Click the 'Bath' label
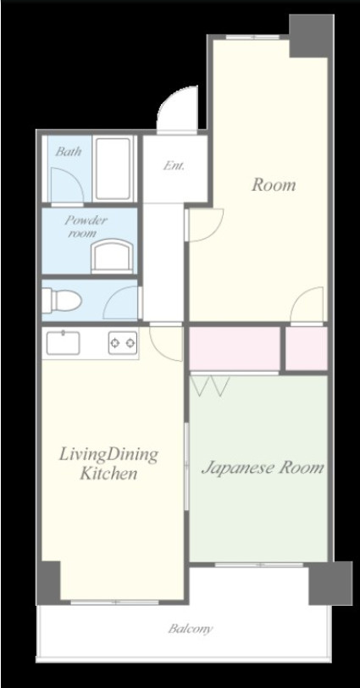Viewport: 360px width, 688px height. tap(69, 152)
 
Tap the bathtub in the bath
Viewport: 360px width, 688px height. tap(114, 169)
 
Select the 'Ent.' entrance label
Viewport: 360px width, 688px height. tap(174, 166)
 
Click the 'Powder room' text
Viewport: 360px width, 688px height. tap(86, 226)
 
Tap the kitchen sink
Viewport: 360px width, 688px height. tap(64, 342)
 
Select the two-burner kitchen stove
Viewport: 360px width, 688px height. tap(123, 342)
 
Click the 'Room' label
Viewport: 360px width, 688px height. tap(274, 185)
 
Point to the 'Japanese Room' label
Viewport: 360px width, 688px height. tap(263, 469)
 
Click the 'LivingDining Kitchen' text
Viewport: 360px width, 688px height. tap(108, 463)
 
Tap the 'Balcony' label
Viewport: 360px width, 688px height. tap(191, 629)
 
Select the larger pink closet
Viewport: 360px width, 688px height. tap(235, 349)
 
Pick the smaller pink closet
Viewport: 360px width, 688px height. tap(307, 349)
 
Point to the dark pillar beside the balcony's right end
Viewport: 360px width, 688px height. tap(330, 583)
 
